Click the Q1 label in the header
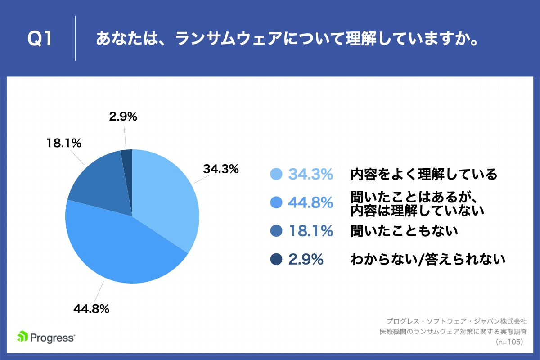40,39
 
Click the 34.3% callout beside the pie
220,170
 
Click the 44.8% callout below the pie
91,309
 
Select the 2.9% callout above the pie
123,117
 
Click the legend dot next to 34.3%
276,174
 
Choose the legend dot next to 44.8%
276,203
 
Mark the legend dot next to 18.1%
276,231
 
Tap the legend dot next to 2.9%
276,259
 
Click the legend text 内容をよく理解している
424,174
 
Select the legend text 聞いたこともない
404,231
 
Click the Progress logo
46,337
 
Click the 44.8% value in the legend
310,203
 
